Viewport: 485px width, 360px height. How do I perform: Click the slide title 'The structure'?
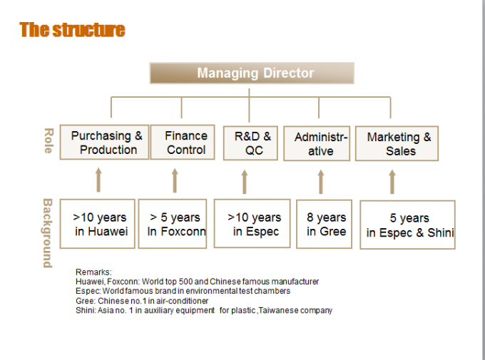click(72, 30)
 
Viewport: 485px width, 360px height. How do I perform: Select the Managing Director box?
click(252, 73)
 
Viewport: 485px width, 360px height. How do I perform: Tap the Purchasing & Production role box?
click(104, 143)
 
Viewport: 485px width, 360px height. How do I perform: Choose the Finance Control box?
click(183, 143)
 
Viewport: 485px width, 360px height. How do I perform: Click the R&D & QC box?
click(250, 143)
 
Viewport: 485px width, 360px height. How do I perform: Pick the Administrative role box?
click(317, 143)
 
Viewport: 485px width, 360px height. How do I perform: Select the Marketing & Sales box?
click(397, 143)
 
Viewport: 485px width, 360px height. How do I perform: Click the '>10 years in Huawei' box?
click(98, 224)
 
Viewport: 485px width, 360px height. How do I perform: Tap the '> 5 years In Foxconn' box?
click(173, 224)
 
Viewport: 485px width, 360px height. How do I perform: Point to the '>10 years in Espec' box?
click(252, 224)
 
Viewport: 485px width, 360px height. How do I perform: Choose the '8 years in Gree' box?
click(324, 225)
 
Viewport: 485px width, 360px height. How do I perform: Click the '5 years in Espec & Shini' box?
click(408, 225)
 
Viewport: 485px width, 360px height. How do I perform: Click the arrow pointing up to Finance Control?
click(175, 180)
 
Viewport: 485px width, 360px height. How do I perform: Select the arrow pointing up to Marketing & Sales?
click(392, 182)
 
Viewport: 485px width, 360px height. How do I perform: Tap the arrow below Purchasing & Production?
click(98, 180)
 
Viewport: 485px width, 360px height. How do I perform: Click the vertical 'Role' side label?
click(48, 140)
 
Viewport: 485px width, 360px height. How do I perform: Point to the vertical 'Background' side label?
click(47, 233)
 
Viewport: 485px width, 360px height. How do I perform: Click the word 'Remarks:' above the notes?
click(93, 272)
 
